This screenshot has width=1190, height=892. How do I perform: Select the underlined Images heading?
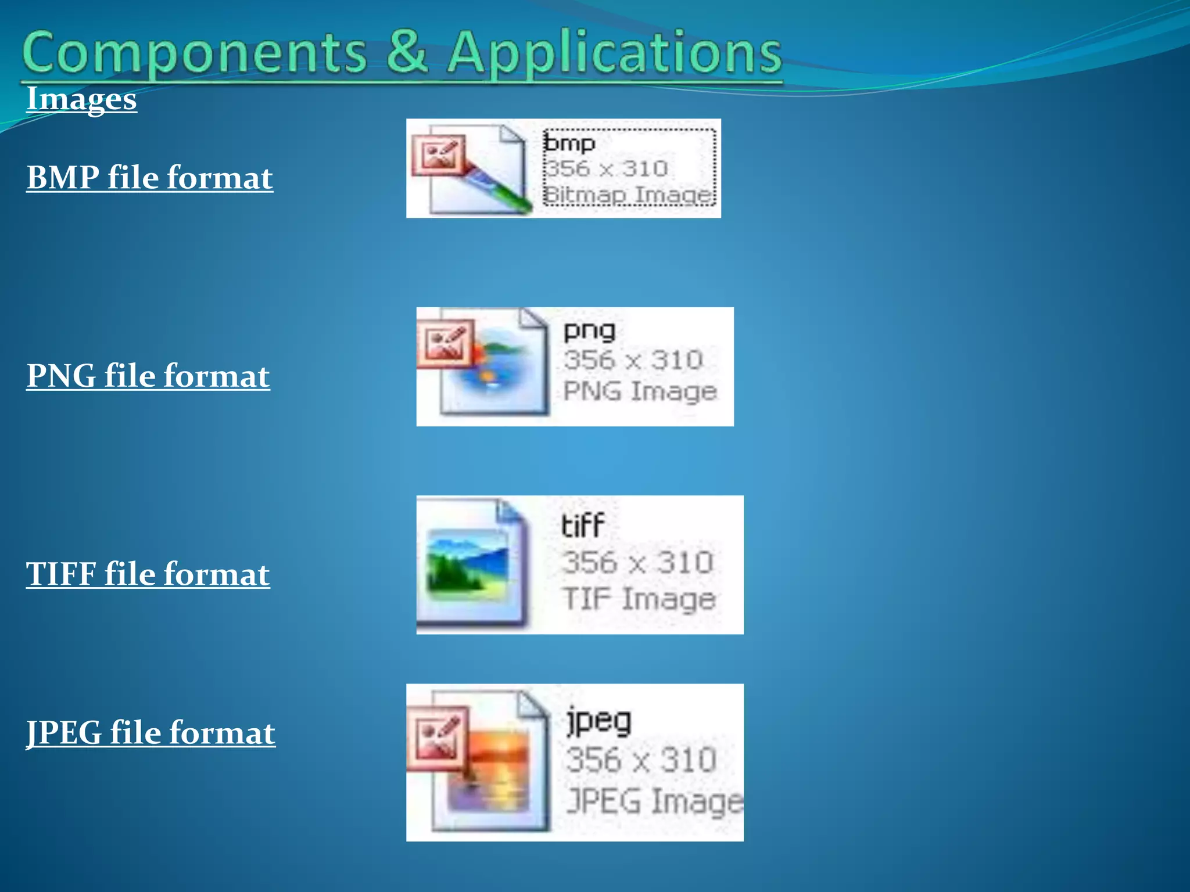click(x=81, y=99)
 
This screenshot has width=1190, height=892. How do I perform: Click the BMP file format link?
click(x=149, y=178)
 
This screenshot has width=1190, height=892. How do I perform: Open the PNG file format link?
click(x=148, y=376)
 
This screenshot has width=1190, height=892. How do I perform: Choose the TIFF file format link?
click(x=148, y=574)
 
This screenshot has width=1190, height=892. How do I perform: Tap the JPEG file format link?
click(x=150, y=733)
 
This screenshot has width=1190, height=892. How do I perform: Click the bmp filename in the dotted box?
click(x=569, y=143)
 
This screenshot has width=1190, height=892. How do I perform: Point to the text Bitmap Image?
click(x=628, y=195)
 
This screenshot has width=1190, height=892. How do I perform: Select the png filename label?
click(x=589, y=331)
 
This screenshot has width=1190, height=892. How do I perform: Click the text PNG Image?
click(x=639, y=391)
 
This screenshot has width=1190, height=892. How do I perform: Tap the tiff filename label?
click(x=582, y=526)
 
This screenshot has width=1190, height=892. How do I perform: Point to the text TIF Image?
click(x=638, y=599)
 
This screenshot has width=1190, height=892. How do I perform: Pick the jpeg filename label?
click(x=598, y=721)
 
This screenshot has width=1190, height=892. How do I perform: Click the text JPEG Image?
click(x=654, y=801)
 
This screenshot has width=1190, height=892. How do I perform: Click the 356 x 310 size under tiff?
click(x=637, y=562)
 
